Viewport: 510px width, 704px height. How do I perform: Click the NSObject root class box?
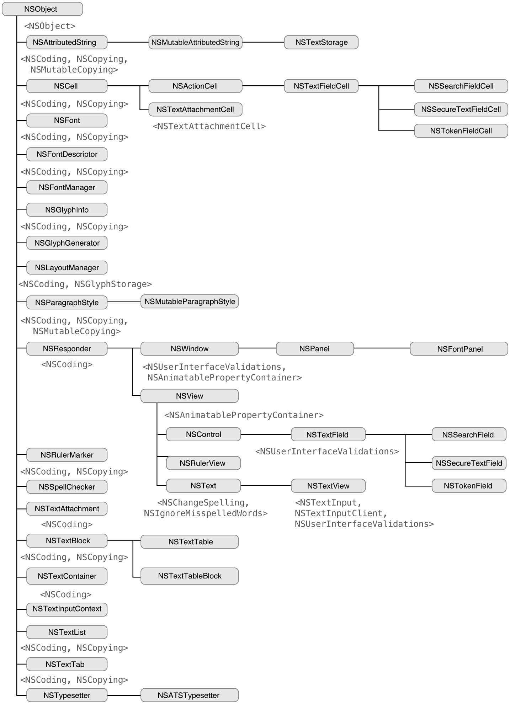(x=42, y=9)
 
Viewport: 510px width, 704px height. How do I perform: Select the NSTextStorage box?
(x=321, y=42)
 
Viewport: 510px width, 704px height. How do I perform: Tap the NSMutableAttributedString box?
(x=195, y=42)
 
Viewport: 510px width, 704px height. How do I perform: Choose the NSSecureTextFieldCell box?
(x=461, y=110)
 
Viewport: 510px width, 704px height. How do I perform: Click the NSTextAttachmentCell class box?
(x=195, y=110)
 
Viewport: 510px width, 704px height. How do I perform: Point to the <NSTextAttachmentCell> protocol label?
(x=209, y=126)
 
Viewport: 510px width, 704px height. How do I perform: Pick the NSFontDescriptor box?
(x=67, y=154)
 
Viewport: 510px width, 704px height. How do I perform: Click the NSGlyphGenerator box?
(x=67, y=243)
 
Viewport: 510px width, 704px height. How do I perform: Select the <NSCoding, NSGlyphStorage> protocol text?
(x=85, y=284)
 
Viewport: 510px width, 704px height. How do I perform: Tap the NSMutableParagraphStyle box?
(x=190, y=302)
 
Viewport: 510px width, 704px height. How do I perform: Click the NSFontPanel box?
(x=459, y=349)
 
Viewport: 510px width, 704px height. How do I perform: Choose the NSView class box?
(x=190, y=396)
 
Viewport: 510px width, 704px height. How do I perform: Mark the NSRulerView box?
(x=203, y=463)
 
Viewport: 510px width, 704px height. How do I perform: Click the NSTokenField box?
(x=469, y=486)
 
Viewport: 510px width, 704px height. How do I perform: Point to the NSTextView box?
(x=328, y=486)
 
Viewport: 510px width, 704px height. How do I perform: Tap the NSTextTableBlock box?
(x=190, y=576)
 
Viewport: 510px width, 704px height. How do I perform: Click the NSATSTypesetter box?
(x=190, y=695)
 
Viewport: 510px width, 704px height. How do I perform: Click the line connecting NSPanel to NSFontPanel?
(x=382, y=348)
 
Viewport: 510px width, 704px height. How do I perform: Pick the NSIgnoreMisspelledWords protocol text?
(x=206, y=513)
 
